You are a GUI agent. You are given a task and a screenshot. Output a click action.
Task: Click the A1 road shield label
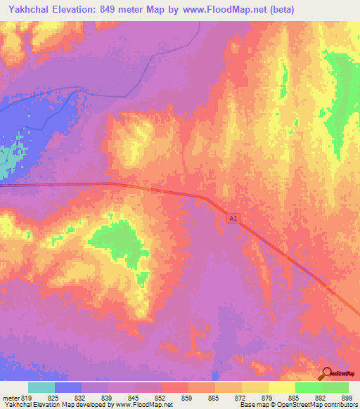pos(233,220)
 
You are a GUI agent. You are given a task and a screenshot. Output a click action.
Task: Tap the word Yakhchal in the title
pos(28,10)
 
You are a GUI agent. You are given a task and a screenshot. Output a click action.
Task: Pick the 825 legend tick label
pos(54,398)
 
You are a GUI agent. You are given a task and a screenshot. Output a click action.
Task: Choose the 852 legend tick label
pos(135,398)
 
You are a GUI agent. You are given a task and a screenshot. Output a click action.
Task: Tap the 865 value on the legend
pos(188,398)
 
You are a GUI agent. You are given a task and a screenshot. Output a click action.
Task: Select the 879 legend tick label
pos(243,398)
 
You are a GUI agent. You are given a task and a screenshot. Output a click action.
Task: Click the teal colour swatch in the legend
pos(41,387)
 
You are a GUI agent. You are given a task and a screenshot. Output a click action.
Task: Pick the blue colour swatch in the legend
pos(67,387)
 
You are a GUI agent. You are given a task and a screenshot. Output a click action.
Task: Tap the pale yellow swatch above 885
pos(281,387)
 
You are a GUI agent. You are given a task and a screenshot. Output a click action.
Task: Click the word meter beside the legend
pos(11,398)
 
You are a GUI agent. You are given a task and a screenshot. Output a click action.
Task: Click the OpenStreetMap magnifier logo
pos(328,373)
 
